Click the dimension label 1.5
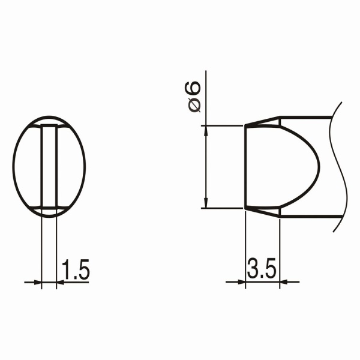pyautogui.click(x=76, y=270)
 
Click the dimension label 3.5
pyautogui.click(x=261, y=268)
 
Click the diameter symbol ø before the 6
pyautogui.click(x=194, y=106)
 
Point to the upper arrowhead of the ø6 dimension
pyautogui.click(x=206, y=131)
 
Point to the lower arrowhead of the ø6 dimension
pyautogui.click(x=206, y=203)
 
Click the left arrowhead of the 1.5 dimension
pyautogui.click(x=37, y=282)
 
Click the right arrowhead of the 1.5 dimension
pyautogui.click(x=61, y=282)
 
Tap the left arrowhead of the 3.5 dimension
pyautogui.click(x=241, y=282)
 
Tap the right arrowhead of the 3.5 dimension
pyautogui.click(x=284, y=282)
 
